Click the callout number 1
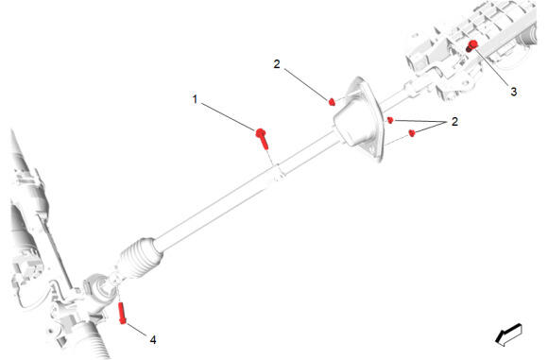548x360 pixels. click(x=195, y=99)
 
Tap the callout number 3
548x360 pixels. click(x=513, y=92)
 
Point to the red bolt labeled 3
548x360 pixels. click(x=471, y=46)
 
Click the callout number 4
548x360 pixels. click(x=153, y=339)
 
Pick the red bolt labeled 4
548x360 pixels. click(x=122, y=313)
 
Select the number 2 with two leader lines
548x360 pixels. click(x=454, y=122)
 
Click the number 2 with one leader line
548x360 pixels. click(x=277, y=64)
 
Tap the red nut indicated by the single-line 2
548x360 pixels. click(x=332, y=102)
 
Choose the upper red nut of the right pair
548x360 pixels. click(x=390, y=120)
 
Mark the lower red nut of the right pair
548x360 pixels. click(x=412, y=133)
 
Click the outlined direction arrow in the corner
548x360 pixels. click(x=508, y=334)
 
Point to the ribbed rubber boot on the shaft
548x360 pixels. click(x=141, y=258)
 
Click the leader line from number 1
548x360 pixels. click(x=229, y=117)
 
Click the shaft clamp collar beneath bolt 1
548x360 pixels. click(x=279, y=172)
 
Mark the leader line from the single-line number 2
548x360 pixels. click(x=306, y=84)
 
